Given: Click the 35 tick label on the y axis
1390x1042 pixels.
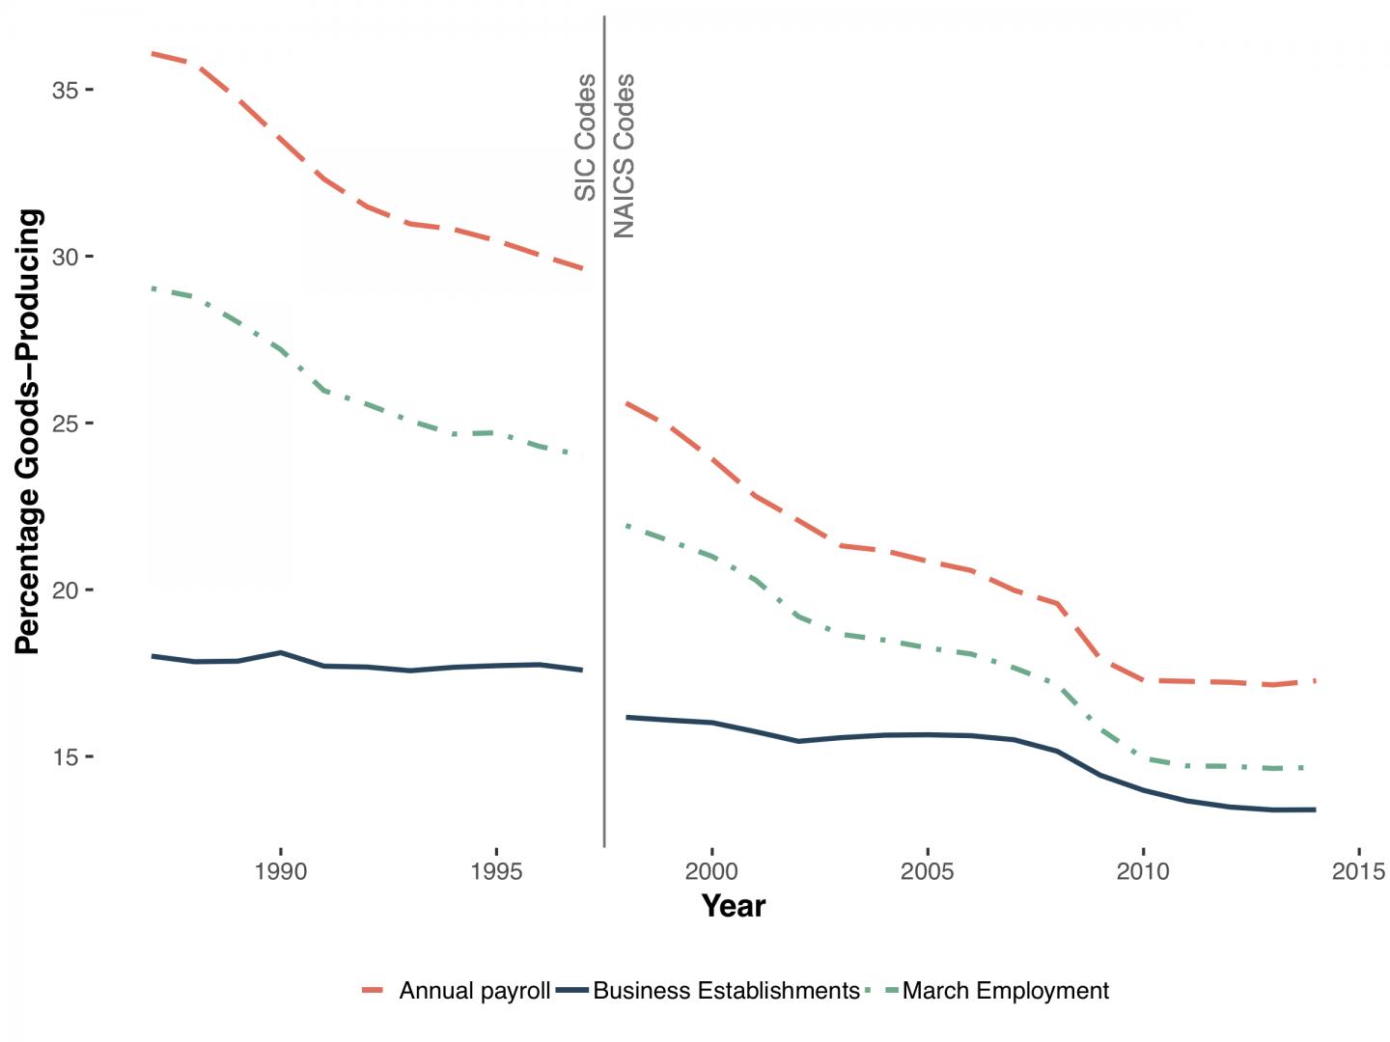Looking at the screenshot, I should (x=65, y=90).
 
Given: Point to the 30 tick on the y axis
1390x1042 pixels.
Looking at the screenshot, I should (x=65, y=257).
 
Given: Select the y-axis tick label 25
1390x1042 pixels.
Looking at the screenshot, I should (x=65, y=424).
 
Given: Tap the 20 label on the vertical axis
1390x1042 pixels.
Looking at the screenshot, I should (x=65, y=590).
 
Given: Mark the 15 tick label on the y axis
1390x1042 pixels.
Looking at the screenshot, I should (x=65, y=757).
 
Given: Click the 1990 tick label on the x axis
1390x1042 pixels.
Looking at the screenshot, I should (x=281, y=872).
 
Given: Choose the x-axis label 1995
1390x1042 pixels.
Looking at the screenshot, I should (x=496, y=872).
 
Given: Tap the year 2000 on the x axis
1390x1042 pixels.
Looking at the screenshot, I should (x=711, y=872).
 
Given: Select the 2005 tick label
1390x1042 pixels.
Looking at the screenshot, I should (x=928, y=872).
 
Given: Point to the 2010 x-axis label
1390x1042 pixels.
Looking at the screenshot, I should (x=1143, y=872).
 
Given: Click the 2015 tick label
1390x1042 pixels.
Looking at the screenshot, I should (x=1358, y=872).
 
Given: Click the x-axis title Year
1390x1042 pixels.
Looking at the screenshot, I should (x=734, y=906).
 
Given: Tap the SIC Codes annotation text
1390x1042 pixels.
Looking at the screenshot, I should (x=585, y=137).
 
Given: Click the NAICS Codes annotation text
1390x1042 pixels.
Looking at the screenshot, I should (x=625, y=155).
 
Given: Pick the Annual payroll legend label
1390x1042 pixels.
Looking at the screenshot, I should (x=474, y=991).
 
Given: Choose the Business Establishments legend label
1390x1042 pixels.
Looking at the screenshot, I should (x=726, y=991).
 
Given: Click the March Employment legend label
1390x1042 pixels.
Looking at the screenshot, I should (x=1005, y=991).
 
